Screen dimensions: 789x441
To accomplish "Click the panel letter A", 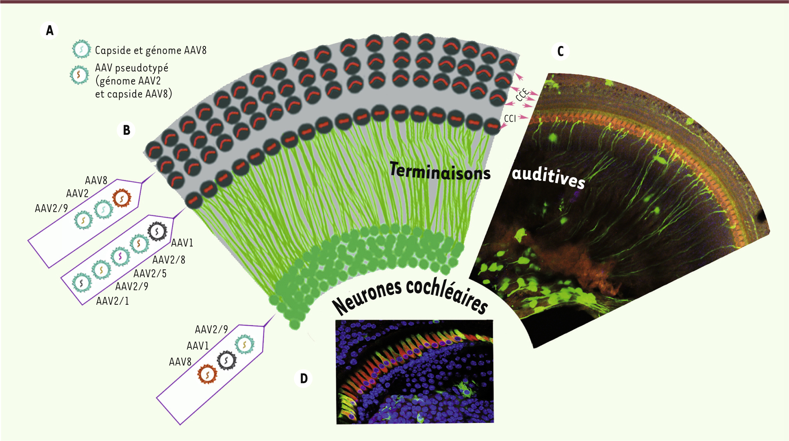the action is [x=49, y=31].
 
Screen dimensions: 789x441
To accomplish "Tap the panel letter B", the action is [x=126, y=130].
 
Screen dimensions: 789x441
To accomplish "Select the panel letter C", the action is [x=560, y=51].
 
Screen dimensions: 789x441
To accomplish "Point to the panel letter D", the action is [x=304, y=379].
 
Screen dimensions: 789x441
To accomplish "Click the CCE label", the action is [x=522, y=95].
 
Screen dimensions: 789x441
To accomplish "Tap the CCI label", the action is [x=510, y=119].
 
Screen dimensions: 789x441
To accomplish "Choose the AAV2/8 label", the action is [x=169, y=260].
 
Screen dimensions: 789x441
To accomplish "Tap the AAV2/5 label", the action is [x=150, y=274].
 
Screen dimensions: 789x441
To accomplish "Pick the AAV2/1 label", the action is [x=113, y=301].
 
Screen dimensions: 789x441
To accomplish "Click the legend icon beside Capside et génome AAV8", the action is [x=81, y=49].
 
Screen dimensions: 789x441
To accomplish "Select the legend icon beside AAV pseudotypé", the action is [x=79, y=75].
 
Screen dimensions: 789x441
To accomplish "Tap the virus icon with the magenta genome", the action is [x=120, y=257].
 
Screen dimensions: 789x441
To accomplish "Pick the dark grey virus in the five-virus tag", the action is [x=157, y=232].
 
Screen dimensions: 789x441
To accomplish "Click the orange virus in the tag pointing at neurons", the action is [x=207, y=374].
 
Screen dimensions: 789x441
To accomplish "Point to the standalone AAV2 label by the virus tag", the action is [x=77, y=194].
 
